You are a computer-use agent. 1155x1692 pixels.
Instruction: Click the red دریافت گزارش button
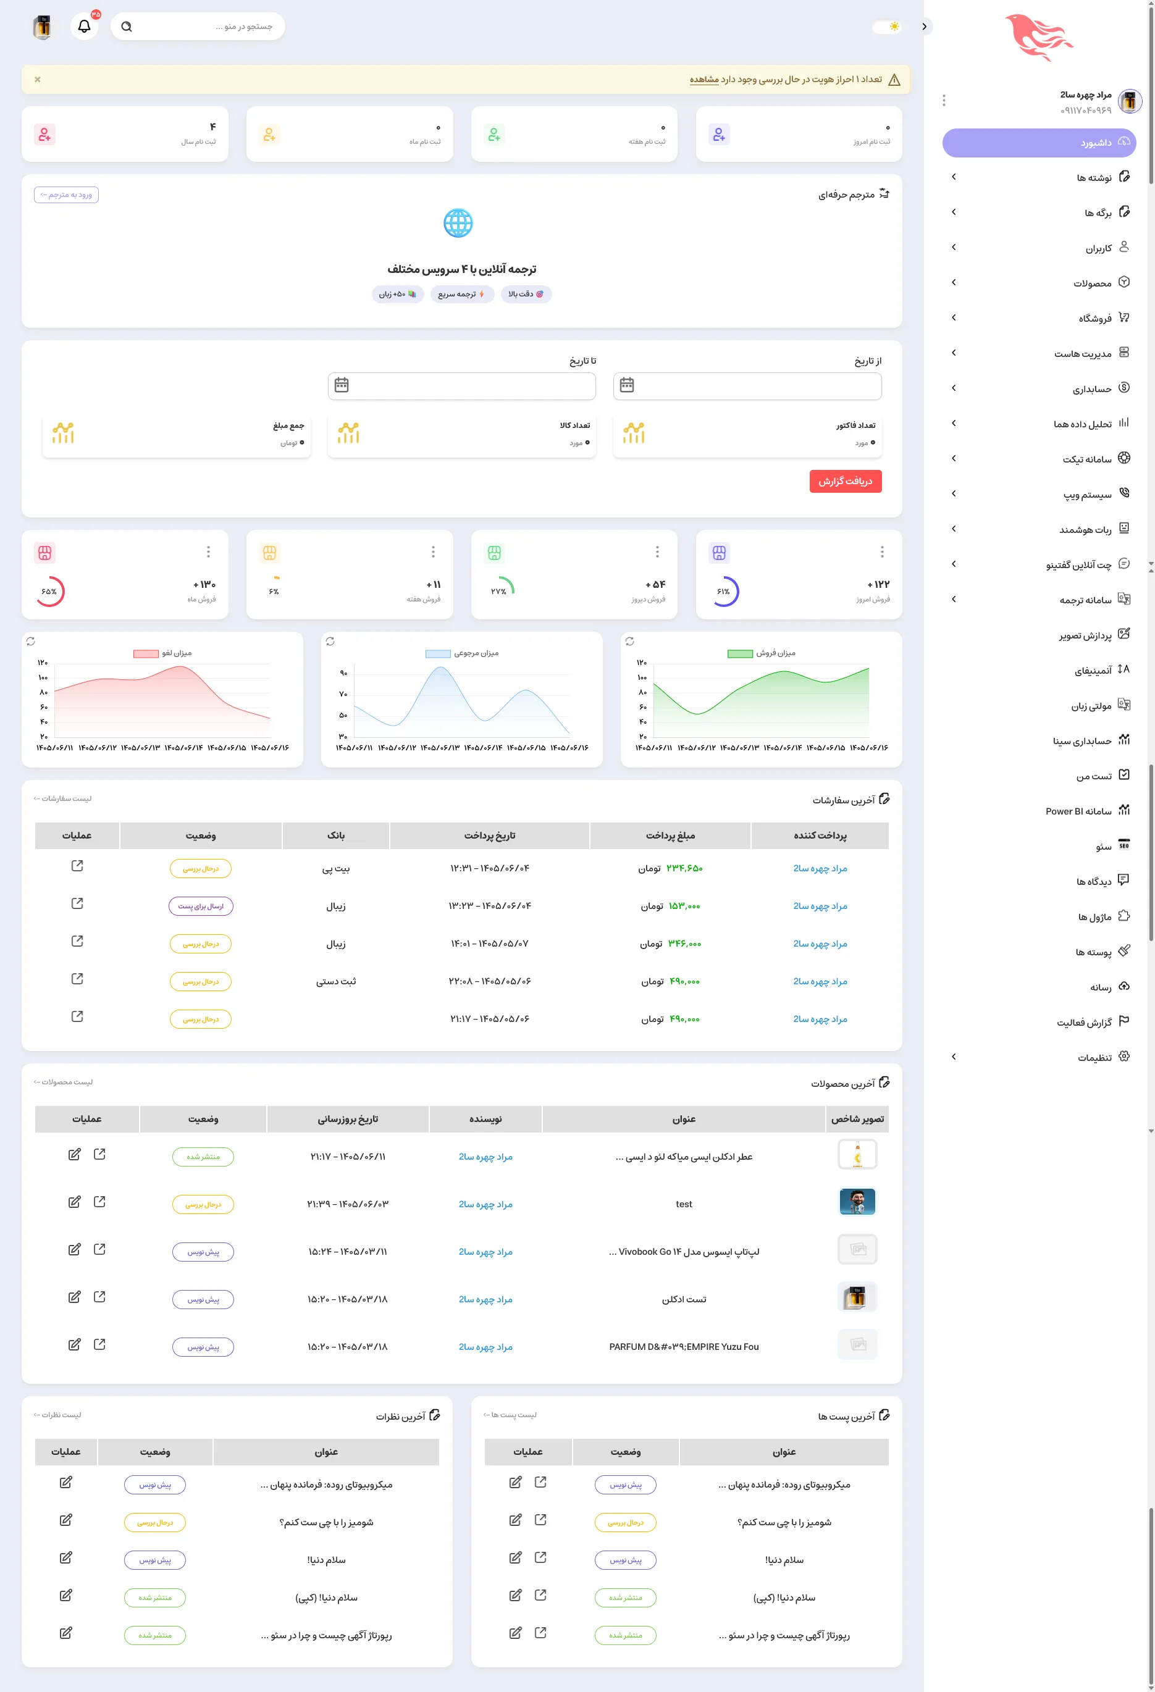(x=845, y=481)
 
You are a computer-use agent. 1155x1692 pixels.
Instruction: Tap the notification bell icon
(x=85, y=26)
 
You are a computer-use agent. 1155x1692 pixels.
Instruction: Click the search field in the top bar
(x=198, y=26)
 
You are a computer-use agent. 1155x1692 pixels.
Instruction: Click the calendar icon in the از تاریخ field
(x=627, y=385)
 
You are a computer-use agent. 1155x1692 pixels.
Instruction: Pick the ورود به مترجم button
(x=66, y=195)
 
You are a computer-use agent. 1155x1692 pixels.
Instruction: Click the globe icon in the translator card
(x=458, y=224)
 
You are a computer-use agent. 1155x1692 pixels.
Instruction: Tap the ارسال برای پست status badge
(x=201, y=907)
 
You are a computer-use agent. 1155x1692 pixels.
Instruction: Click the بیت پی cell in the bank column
(x=336, y=869)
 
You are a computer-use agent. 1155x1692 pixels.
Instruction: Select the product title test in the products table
(x=684, y=1204)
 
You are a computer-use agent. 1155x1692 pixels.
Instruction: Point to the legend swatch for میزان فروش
(x=740, y=654)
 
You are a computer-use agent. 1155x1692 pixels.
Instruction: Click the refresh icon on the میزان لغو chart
(x=31, y=642)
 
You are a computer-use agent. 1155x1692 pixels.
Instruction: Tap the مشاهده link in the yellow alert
(x=704, y=80)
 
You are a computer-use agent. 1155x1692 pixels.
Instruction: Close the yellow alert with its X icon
(x=37, y=80)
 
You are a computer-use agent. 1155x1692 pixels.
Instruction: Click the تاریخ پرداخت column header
(x=489, y=836)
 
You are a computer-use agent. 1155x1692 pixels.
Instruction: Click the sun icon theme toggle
(x=894, y=26)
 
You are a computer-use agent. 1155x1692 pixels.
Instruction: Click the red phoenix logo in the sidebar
(x=1039, y=38)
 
